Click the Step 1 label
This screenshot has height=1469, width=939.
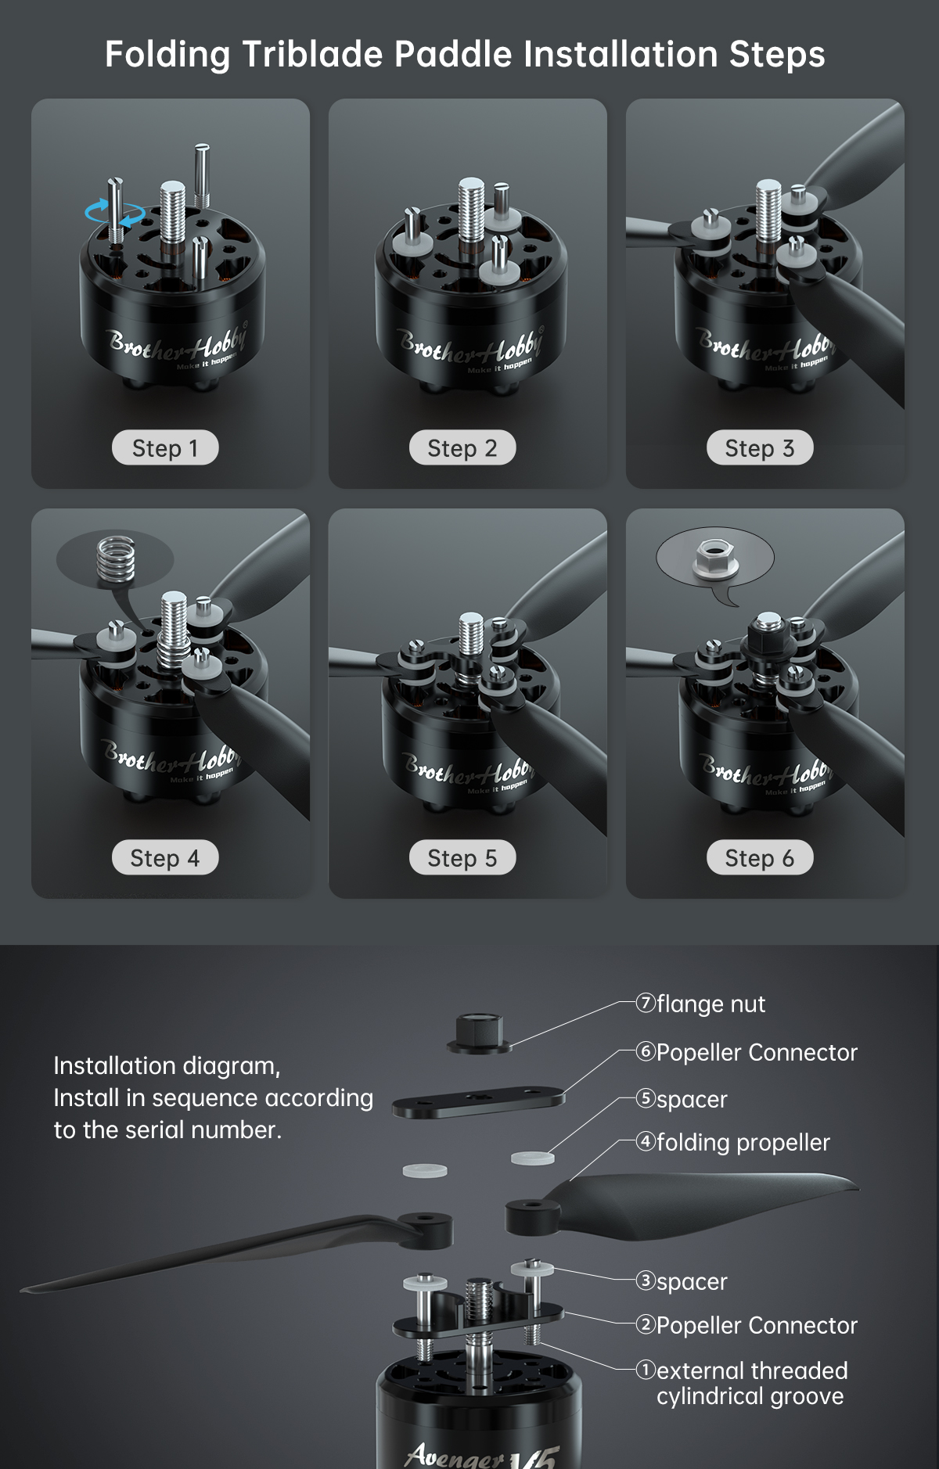(x=165, y=448)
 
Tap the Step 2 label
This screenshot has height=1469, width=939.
(x=462, y=448)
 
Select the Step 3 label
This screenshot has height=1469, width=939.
(x=760, y=448)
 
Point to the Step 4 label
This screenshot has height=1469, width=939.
(x=165, y=858)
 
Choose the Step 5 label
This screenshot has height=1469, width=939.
(x=462, y=858)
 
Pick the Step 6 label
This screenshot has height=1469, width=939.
(x=760, y=858)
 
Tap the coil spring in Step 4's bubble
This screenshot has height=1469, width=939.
(x=114, y=558)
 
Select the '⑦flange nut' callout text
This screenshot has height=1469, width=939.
(x=701, y=1004)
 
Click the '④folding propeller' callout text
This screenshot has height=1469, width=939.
(x=733, y=1142)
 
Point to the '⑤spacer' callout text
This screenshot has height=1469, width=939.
(x=682, y=1099)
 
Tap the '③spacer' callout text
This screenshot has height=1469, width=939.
(x=682, y=1281)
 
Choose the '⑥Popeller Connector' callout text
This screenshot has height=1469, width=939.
(x=747, y=1052)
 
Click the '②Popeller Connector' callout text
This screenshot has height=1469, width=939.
(x=747, y=1325)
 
